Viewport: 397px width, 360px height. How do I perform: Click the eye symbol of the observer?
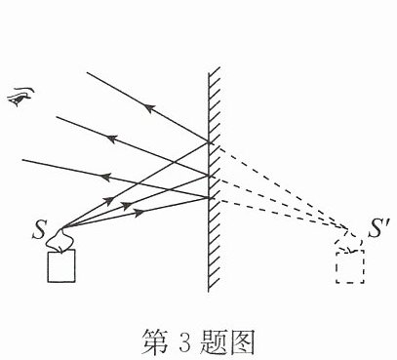click(x=20, y=97)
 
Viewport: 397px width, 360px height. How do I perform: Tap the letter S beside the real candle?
click(x=39, y=230)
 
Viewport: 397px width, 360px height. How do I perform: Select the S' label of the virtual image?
click(x=378, y=228)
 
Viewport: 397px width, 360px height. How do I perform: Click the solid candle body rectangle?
click(x=61, y=265)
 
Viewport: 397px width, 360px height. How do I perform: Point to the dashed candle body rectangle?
click(x=350, y=266)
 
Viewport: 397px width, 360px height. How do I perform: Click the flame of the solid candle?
click(x=60, y=240)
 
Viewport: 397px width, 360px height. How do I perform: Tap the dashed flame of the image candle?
click(x=350, y=241)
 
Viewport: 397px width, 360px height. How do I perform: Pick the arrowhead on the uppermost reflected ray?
click(x=148, y=108)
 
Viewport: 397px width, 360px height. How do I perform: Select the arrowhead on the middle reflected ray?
click(x=112, y=139)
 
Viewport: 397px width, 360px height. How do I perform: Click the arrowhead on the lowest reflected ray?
click(x=105, y=178)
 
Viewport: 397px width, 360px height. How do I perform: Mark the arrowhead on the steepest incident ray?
click(x=109, y=200)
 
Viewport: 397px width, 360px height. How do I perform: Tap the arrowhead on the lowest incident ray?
click(x=139, y=213)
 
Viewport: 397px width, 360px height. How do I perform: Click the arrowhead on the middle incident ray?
click(x=127, y=205)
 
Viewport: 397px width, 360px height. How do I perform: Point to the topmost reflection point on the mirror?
click(x=209, y=142)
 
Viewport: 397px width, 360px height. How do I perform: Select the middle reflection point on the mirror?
click(x=209, y=176)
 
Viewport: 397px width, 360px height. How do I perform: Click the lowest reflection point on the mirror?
click(x=209, y=198)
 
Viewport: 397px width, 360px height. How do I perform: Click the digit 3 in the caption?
click(x=184, y=342)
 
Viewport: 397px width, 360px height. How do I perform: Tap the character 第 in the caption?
click(x=154, y=342)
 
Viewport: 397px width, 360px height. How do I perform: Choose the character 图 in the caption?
click(x=241, y=342)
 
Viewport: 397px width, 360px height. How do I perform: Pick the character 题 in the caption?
click(x=213, y=342)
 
